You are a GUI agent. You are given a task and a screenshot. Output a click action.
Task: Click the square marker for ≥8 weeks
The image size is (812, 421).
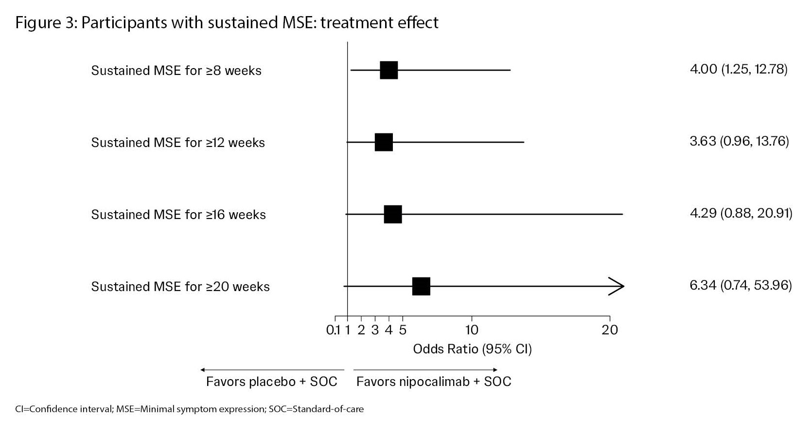(x=389, y=70)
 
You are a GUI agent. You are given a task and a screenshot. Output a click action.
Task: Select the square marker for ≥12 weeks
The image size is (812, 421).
(x=384, y=142)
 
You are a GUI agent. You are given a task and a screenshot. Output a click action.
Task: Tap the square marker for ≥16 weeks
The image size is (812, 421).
(x=393, y=214)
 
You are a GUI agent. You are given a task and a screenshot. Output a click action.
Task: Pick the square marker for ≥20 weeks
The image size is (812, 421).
(x=421, y=286)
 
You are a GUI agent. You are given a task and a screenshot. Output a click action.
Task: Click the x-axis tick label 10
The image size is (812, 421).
(x=472, y=330)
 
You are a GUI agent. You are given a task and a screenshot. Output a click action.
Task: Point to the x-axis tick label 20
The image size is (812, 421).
(x=610, y=330)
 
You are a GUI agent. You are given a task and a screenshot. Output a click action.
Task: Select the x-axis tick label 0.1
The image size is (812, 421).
(x=333, y=330)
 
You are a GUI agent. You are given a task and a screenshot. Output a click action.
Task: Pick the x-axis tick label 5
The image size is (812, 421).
(x=403, y=330)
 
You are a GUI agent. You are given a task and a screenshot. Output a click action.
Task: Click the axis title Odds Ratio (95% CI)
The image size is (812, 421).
(x=472, y=349)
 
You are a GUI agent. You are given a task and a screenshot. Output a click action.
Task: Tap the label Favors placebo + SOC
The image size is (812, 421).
(x=271, y=381)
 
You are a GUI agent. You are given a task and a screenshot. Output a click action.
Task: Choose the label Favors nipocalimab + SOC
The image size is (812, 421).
(x=434, y=381)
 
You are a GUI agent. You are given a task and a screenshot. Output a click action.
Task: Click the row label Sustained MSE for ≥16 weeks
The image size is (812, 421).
(x=178, y=215)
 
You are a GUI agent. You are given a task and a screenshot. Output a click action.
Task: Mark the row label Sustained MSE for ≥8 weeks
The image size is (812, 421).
(x=176, y=71)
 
